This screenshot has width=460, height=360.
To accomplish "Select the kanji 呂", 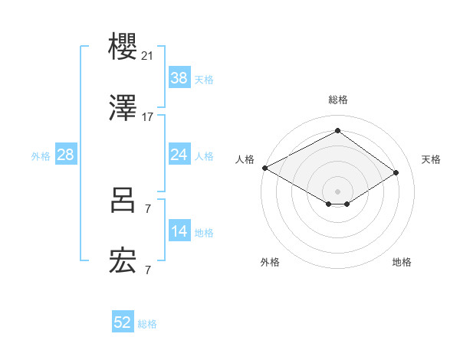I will coord(123,201).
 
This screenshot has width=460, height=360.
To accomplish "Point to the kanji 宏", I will coord(123,262).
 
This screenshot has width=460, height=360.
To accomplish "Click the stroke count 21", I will coord(148,56).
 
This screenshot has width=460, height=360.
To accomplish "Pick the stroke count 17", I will coord(148,117).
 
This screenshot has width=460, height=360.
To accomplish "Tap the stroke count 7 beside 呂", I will coord(147,208).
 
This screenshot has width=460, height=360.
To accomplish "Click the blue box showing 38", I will coord(179,78).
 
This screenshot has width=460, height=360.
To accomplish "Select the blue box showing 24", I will coord(179,155).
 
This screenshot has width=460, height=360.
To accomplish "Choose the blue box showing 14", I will coord(179,231).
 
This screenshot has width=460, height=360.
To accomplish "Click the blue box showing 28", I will coord(65,155).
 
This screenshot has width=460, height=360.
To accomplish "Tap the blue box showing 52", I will coord(123,322).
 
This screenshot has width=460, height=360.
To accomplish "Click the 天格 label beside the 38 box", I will coord(203,80).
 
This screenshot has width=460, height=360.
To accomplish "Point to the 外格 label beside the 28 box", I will coord(41,156).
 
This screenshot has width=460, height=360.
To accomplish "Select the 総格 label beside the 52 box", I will coord(147,324).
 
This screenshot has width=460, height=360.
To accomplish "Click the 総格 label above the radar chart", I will coord(338,100).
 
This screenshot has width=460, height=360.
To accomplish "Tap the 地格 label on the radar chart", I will coord(402,262).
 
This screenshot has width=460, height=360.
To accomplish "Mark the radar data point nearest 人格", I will coord(264,168).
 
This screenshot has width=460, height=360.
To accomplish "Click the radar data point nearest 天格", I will coord(396,173).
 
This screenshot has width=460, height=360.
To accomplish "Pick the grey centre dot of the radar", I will coord(338,191).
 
